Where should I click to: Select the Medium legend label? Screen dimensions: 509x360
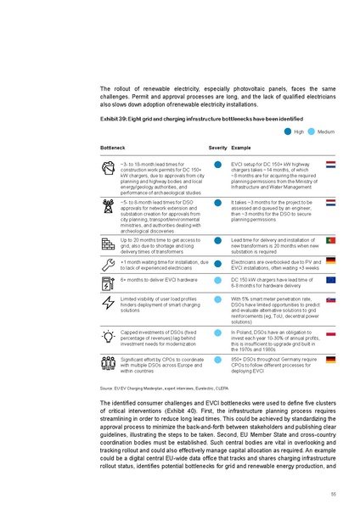pos(325,131)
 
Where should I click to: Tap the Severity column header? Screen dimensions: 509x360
pos(217,148)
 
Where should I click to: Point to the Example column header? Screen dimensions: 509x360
pos(239,148)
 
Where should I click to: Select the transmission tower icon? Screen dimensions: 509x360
pos(109,207)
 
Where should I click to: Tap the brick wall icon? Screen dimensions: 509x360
pos(109,243)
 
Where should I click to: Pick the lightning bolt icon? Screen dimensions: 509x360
pos(109,304)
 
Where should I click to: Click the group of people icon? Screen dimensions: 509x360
pos(109,365)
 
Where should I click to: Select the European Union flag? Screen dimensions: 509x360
pos(331,279)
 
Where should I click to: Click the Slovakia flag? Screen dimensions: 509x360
pos(331,299)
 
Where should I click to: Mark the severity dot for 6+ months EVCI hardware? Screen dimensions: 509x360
pos(218,280)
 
